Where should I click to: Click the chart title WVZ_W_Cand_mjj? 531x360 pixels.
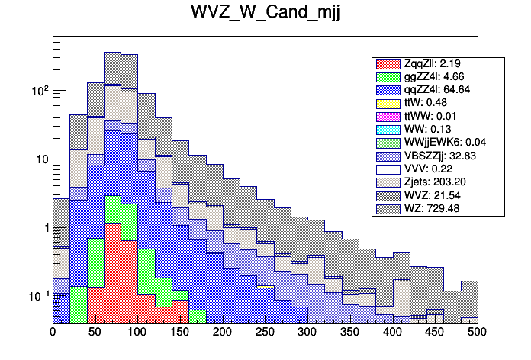pyautogui.click(x=265, y=14)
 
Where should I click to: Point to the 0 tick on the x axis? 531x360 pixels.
pyautogui.click(x=53, y=333)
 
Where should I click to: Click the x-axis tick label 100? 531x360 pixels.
pyautogui.click(x=137, y=333)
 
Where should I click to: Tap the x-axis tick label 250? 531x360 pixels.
pyautogui.click(x=265, y=333)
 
